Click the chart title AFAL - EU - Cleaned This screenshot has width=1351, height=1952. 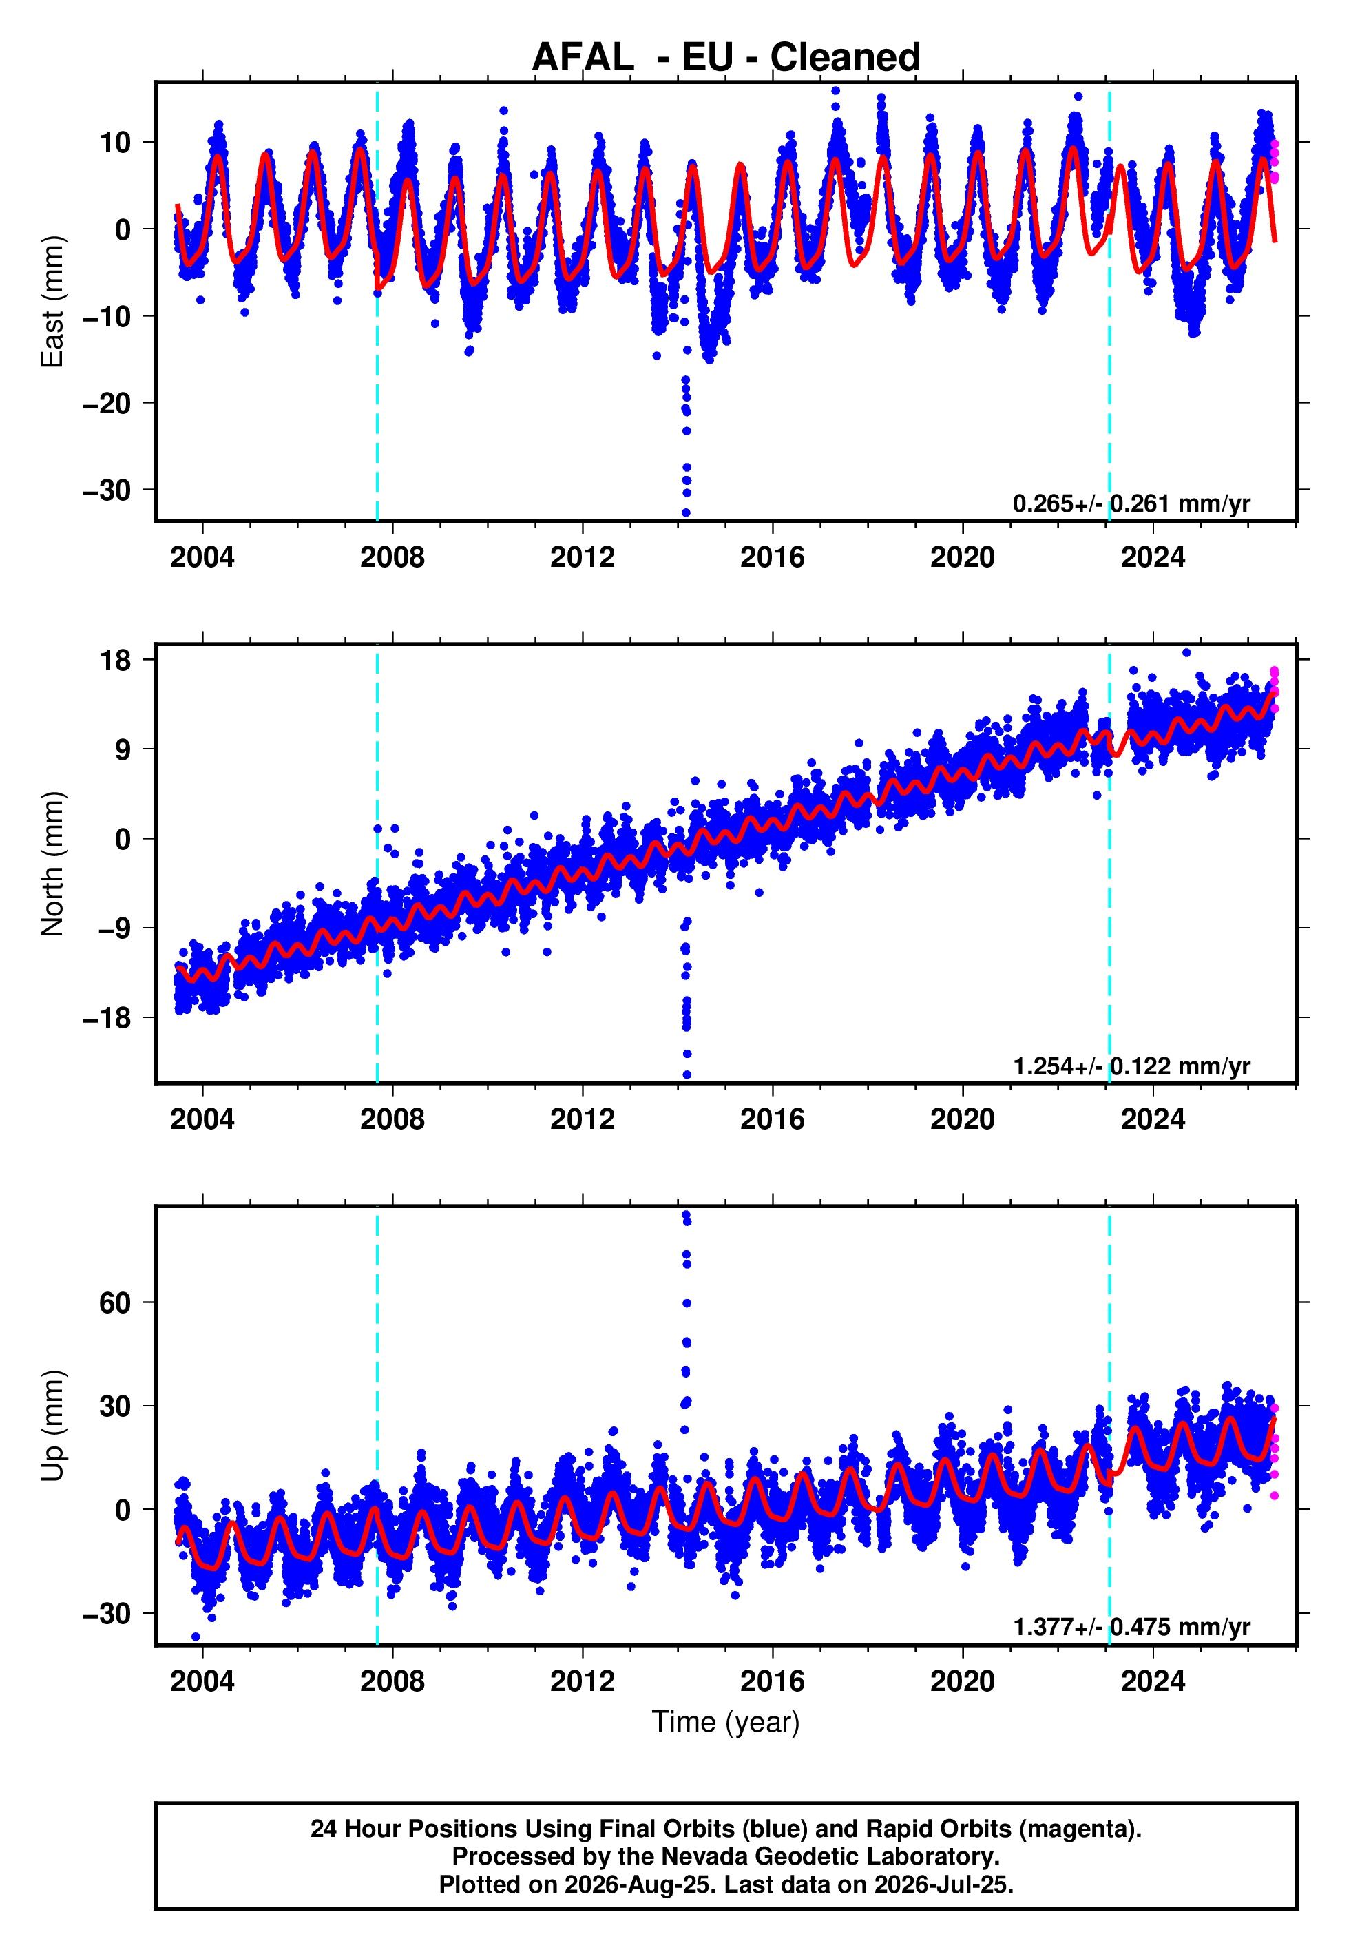[726, 58]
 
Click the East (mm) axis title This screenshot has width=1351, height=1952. [52, 302]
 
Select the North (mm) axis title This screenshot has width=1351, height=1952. [52, 864]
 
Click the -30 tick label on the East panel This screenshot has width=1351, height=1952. [107, 490]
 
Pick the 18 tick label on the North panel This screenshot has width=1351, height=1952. [115, 661]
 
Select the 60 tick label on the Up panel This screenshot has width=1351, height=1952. [115, 1302]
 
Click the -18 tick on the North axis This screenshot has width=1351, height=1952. [107, 1017]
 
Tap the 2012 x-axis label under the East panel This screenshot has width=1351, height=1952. [583, 557]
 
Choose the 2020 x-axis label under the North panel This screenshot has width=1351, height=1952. [963, 1119]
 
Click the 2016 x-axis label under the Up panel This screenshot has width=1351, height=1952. [772, 1681]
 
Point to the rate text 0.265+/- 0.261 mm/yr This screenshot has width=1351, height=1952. [1131, 503]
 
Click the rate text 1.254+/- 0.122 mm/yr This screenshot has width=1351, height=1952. [1131, 1066]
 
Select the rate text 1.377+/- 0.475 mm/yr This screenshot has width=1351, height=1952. [1131, 1627]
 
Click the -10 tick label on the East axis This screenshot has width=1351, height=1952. [107, 317]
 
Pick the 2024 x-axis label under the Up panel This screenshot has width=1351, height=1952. [1153, 1681]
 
